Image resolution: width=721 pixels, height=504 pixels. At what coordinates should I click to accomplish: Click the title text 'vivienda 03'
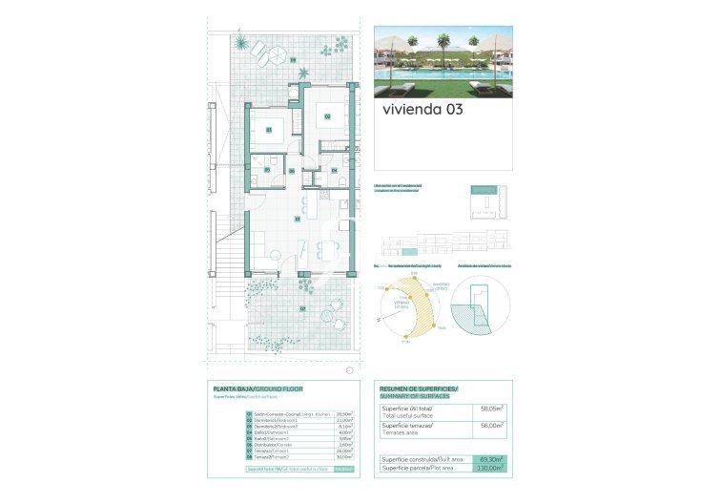click(422, 110)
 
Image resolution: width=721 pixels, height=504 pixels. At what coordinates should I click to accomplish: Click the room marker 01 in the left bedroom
click(269, 130)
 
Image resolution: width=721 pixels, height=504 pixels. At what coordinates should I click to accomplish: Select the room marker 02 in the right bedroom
click(327, 116)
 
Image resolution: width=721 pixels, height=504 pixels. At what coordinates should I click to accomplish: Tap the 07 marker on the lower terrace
click(302, 308)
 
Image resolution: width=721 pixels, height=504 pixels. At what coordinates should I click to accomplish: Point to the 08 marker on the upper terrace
click(293, 61)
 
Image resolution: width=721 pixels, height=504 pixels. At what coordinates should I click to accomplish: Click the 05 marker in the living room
click(298, 219)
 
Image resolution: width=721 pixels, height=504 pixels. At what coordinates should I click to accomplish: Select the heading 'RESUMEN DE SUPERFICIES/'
click(419, 389)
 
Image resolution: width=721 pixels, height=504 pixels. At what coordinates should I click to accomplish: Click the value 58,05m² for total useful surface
click(492, 409)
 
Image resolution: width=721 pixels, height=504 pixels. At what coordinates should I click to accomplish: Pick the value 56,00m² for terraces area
click(492, 426)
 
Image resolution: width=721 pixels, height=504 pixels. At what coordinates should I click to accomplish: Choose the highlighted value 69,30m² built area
click(492, 460)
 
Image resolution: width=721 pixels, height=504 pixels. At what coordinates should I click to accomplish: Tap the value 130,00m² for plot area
click(491, 469)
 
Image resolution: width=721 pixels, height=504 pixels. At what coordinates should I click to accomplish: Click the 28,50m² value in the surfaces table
click(345, 414)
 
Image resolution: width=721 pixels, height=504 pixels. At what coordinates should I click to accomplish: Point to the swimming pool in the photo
click(420, 74)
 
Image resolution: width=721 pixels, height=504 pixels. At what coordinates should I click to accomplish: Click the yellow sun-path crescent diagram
click(417, 307)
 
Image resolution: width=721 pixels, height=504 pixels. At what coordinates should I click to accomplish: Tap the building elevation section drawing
click(444, 243)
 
